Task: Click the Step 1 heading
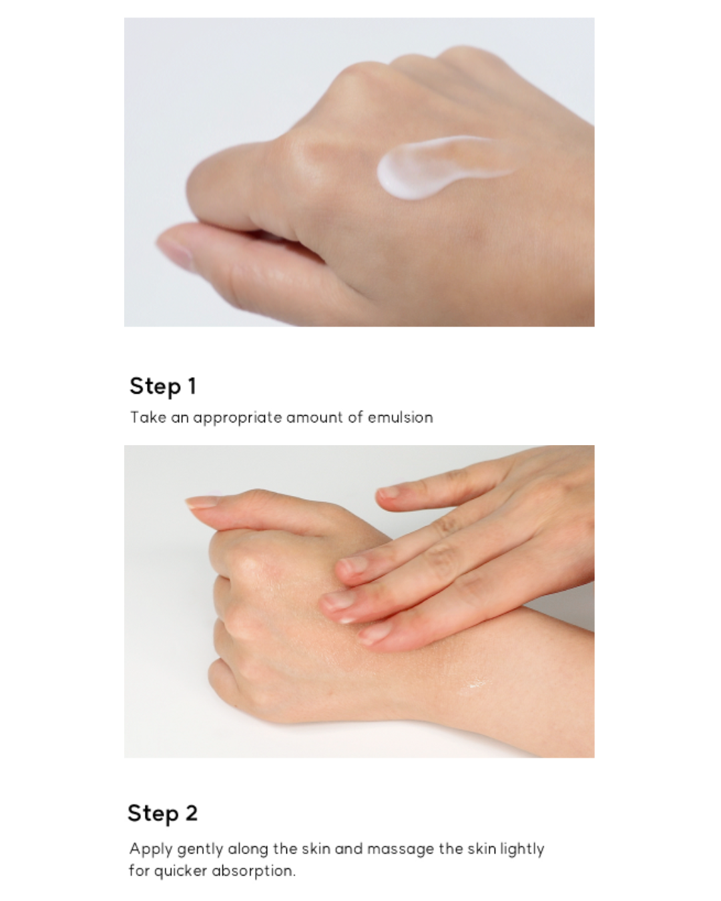click(x=163, y=386)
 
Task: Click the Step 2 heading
click(x=163, y=813)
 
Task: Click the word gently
click(x=200, y=850)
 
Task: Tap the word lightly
click(x=522, y=850)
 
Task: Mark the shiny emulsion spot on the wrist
click(x=476, y=685)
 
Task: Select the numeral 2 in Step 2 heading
click(x=192, y=813)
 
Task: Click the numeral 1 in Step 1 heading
click(x=192, y=386)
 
